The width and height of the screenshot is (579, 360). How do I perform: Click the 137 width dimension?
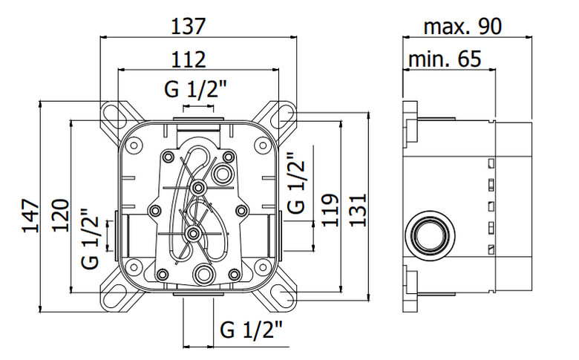click(x=188, y=27)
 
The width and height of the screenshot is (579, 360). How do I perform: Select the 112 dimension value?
click(x=188, y=59)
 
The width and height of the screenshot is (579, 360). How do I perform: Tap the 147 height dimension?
click(x=30, y=216)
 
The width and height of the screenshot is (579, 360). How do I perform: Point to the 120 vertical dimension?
click(x=61, y=216)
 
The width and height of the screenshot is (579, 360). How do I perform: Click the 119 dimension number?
click(x=330, y=210)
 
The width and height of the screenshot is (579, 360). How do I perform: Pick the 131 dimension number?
click(x=358, y=210)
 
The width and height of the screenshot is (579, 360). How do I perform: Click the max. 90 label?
click(x=462, y=27)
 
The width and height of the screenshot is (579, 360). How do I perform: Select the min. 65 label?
click(x=445, y=59)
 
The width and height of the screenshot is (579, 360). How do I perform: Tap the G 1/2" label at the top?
click(x=195, y=89)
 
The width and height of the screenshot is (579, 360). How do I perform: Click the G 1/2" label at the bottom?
click(x=251, y=330)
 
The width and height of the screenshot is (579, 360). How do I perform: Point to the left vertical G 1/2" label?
click(x=91, y=239)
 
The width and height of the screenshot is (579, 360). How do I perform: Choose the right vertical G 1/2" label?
click(x=296, y=183)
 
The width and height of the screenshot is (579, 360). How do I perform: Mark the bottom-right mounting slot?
click(x=283, y=297)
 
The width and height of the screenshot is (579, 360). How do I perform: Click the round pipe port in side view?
click(x=430, y=235)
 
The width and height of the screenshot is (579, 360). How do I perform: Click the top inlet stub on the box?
click(x=198, y=119)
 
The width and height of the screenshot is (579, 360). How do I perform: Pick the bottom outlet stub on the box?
click(x=198, y=294)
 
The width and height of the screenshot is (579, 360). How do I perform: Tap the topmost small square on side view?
click(x=491, y=163)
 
